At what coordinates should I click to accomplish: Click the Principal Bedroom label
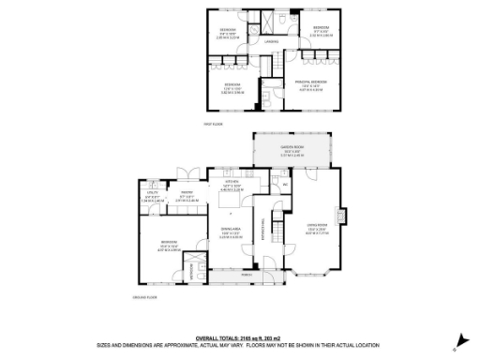tap(310, 82)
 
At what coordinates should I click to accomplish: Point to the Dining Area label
tap(230, 231)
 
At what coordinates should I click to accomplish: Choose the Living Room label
tap(315, 225)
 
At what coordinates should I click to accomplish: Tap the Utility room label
tap(152, 195)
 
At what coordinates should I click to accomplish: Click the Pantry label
tap(187, 195)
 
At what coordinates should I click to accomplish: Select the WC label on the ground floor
tap(283, 185)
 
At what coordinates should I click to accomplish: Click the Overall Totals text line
tap(239, 337)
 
